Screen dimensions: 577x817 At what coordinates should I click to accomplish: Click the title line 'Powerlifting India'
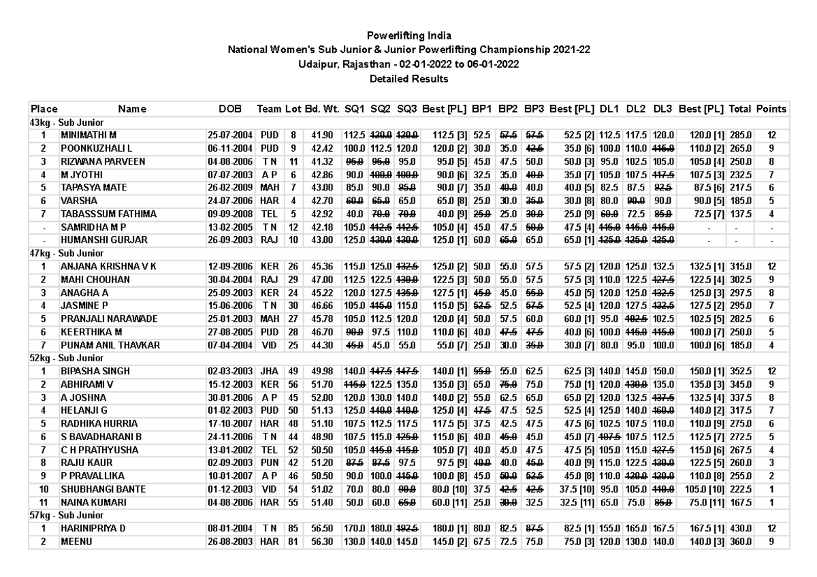coord(408,35)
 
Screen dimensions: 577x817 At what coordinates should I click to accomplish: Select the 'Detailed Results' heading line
coord(408,79)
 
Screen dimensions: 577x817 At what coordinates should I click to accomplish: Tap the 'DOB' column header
coord(229,109)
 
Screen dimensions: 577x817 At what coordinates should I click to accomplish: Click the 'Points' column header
coord(771,109)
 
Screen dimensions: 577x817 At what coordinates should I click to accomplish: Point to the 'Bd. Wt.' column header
coord(322,109)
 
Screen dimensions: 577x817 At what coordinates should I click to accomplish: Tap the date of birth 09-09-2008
coord(229,214)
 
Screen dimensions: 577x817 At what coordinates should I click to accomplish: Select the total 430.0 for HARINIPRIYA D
coord(739,528)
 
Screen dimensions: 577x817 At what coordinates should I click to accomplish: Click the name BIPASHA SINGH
coord(93,371)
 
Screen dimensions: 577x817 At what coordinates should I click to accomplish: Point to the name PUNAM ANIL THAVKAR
coord(110,345)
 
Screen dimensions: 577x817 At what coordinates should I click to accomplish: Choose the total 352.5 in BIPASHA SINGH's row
coord(739,371)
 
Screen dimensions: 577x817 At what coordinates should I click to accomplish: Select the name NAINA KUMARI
coord(90,501)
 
